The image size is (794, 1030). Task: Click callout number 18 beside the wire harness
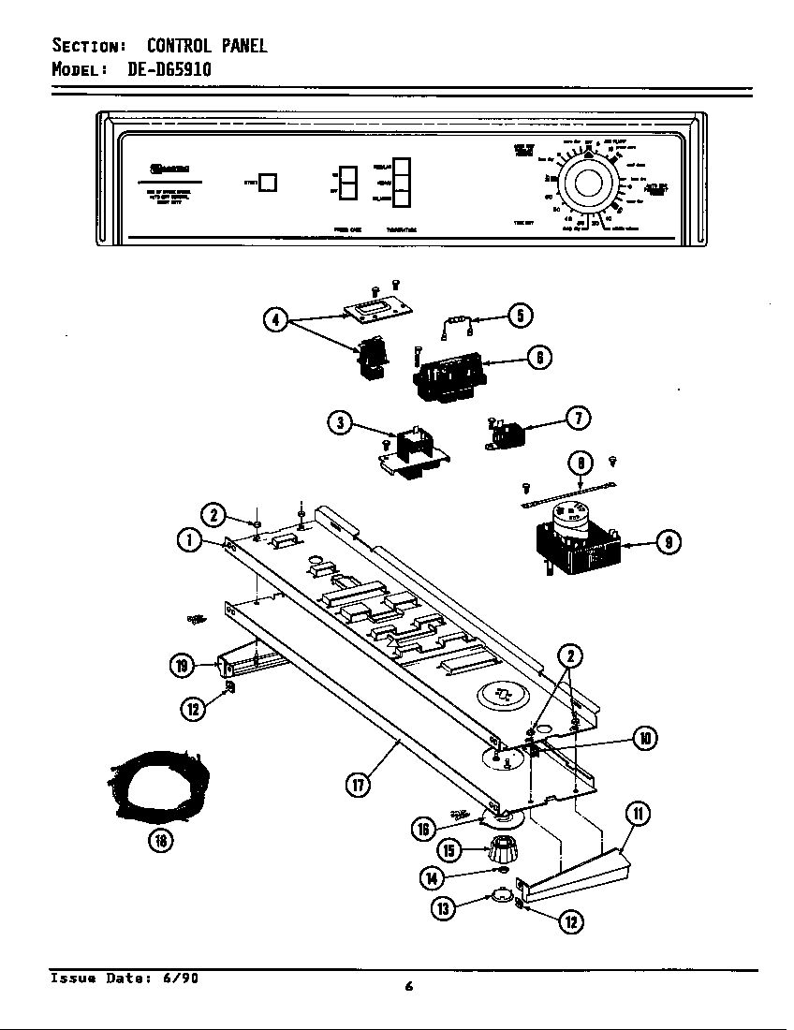[161, 840]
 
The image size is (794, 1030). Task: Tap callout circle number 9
[667, 541]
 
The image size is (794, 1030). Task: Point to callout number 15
[450, 851]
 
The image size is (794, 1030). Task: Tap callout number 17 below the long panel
[357, 786]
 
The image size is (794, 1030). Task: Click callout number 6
[539, 357]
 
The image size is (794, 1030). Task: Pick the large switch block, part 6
[448, 375]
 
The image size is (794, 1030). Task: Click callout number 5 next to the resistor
[521, 316]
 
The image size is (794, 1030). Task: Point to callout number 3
[341, 423]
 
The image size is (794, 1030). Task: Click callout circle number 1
[189, 540]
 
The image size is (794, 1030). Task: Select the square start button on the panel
[268, 183]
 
